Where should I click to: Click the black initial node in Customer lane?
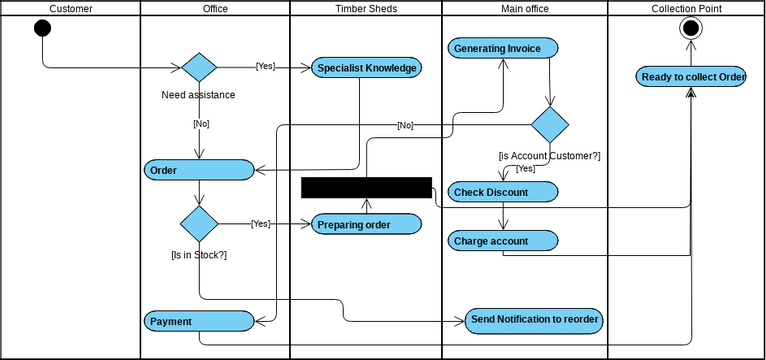42,27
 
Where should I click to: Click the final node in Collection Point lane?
690,28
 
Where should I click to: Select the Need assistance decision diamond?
199,68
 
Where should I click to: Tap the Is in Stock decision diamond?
199,223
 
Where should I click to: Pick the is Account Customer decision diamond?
549,125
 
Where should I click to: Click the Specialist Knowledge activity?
366,68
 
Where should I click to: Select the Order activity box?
199,170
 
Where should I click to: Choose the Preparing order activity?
366,224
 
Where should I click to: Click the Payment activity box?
199,321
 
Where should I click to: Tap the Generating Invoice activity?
503,48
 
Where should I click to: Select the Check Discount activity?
503,191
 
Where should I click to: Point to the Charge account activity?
503,241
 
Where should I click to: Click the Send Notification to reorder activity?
536,320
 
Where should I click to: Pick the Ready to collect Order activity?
690,77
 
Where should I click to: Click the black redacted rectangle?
366,187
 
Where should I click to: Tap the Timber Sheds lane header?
366,9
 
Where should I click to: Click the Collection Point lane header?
686,9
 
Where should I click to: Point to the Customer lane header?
70,9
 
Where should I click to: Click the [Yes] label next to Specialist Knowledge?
265,67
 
